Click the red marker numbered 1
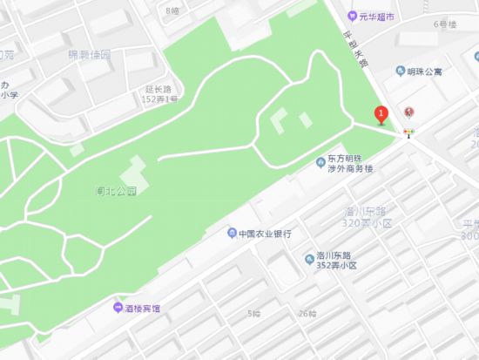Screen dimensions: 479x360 [380, 114]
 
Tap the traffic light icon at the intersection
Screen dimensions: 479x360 [409, 132]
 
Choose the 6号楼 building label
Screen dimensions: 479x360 [444, 24]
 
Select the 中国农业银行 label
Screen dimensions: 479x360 [266, 234]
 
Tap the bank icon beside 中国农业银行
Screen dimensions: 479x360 [232, 234]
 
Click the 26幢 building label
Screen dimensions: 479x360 [307, 314]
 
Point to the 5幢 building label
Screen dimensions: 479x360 [253, 314]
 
